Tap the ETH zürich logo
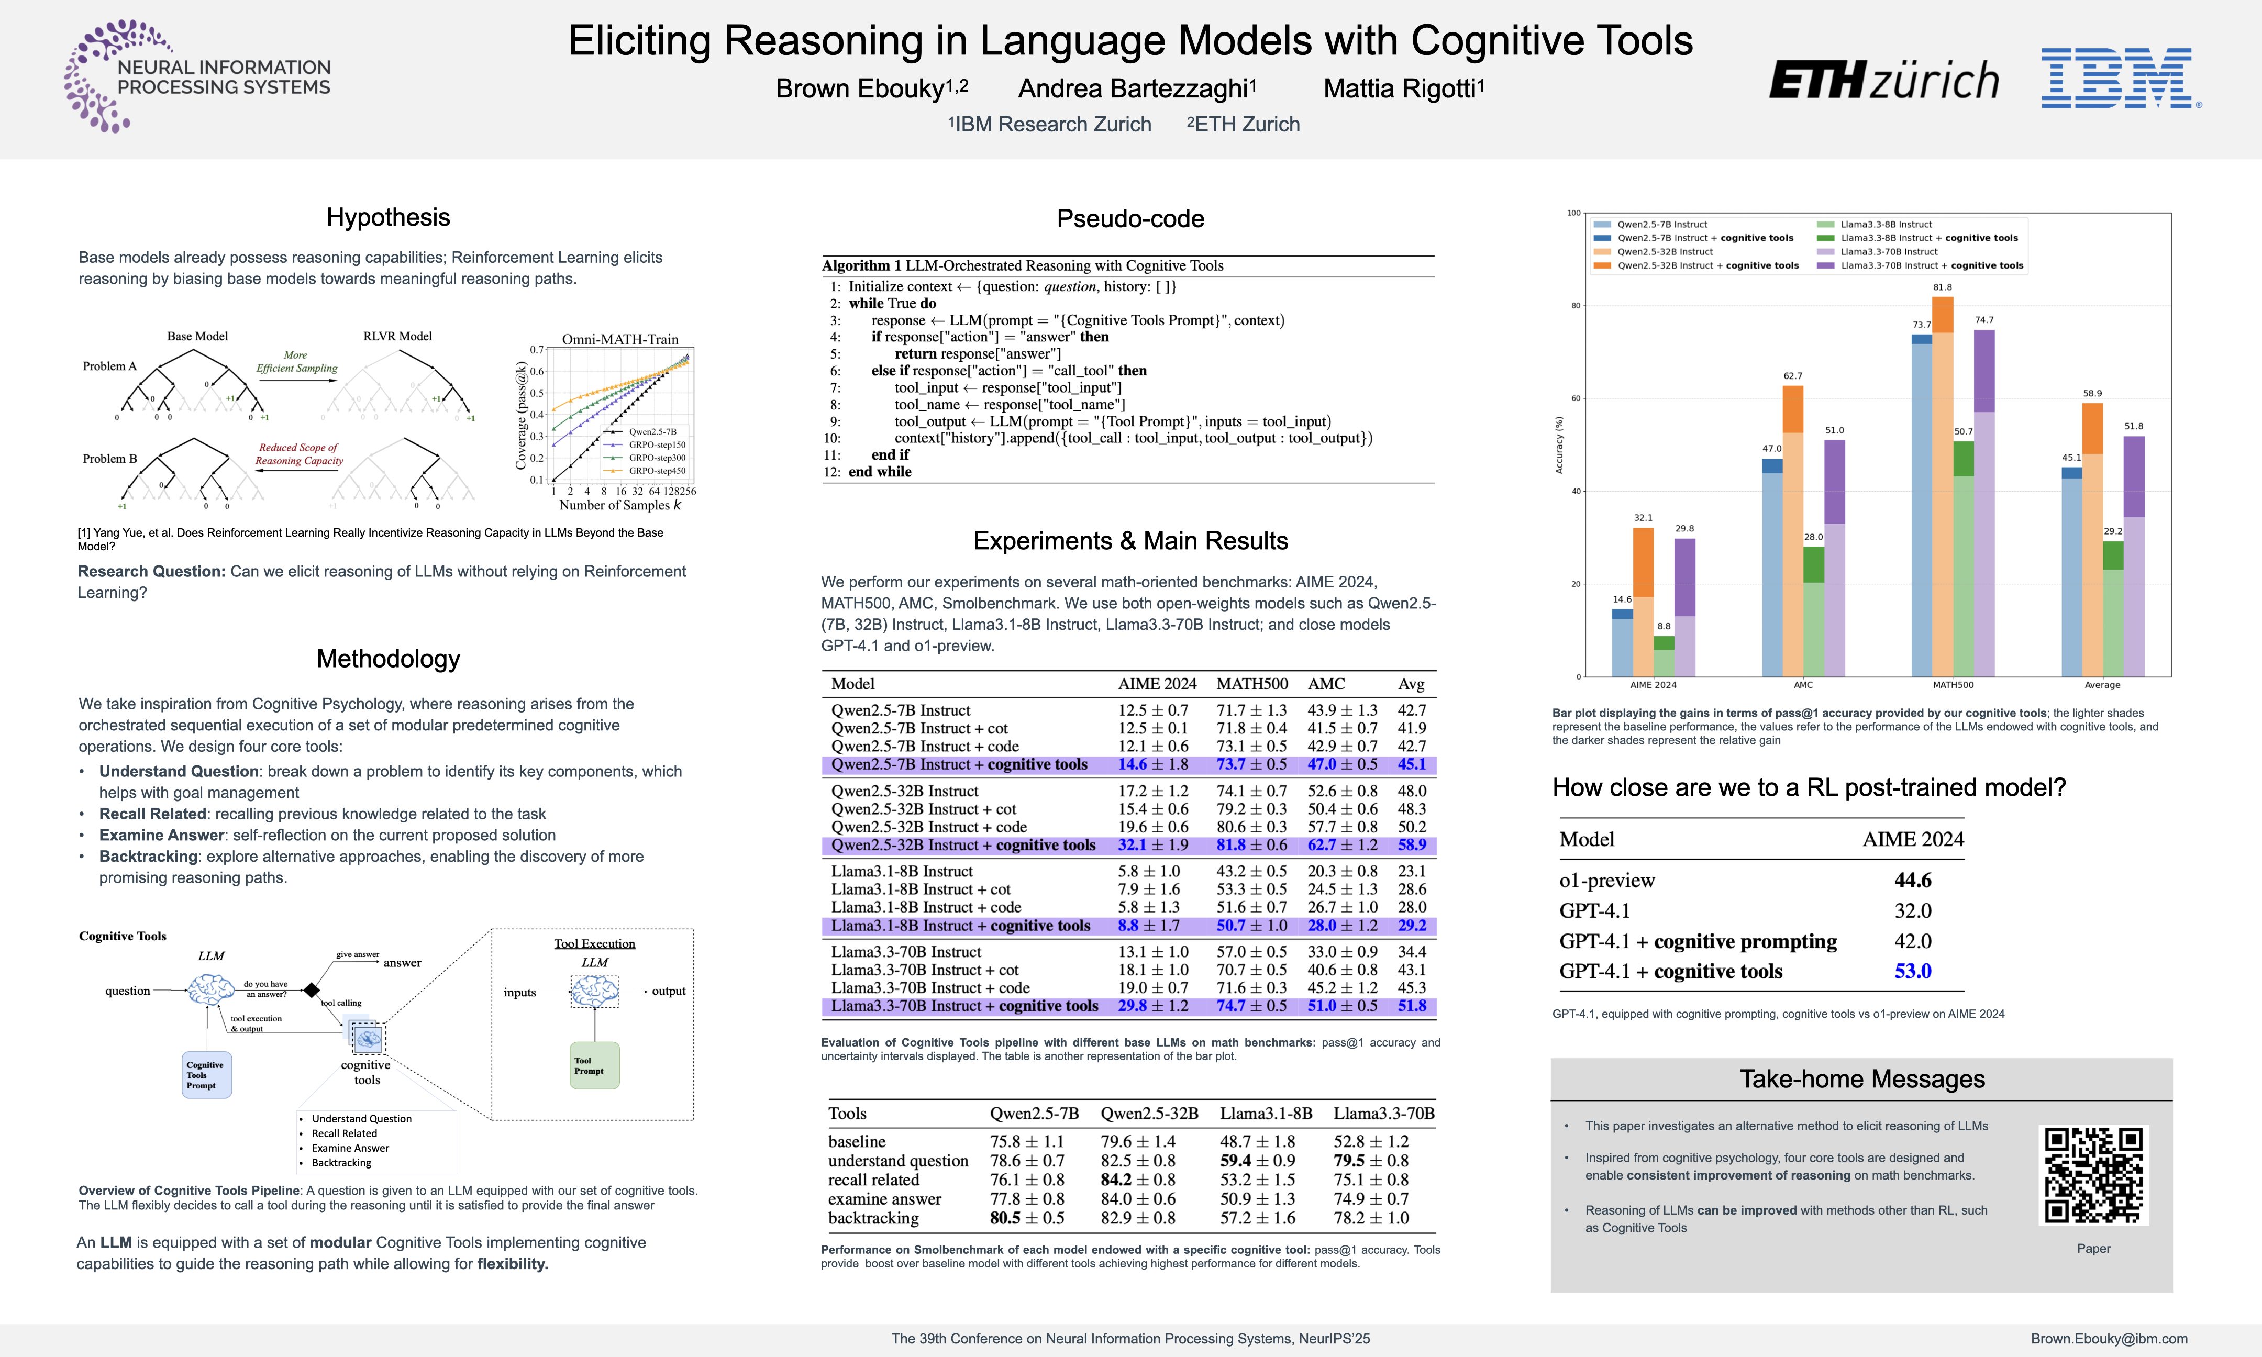(x=1883, y=81)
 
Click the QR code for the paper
(x=2093, y=1174)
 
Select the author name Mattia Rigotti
(x=1403, y=88)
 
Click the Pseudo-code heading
(x=1130, y=218)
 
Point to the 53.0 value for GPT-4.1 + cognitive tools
(x=1913, y=971)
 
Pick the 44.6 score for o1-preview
(x=1913, y=880)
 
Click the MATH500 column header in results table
(x=1251, y=684)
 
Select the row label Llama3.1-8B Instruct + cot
(x=921, y=889)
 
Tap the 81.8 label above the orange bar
(x=1942, y=287)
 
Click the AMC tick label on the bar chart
(x=1803, y=685)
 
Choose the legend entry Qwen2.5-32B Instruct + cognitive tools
(x=1707, y=266)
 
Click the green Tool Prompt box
(x=594, y=1065)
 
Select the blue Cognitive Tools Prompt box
(x=207, y=1074)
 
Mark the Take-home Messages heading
(x=1861, y=1079)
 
